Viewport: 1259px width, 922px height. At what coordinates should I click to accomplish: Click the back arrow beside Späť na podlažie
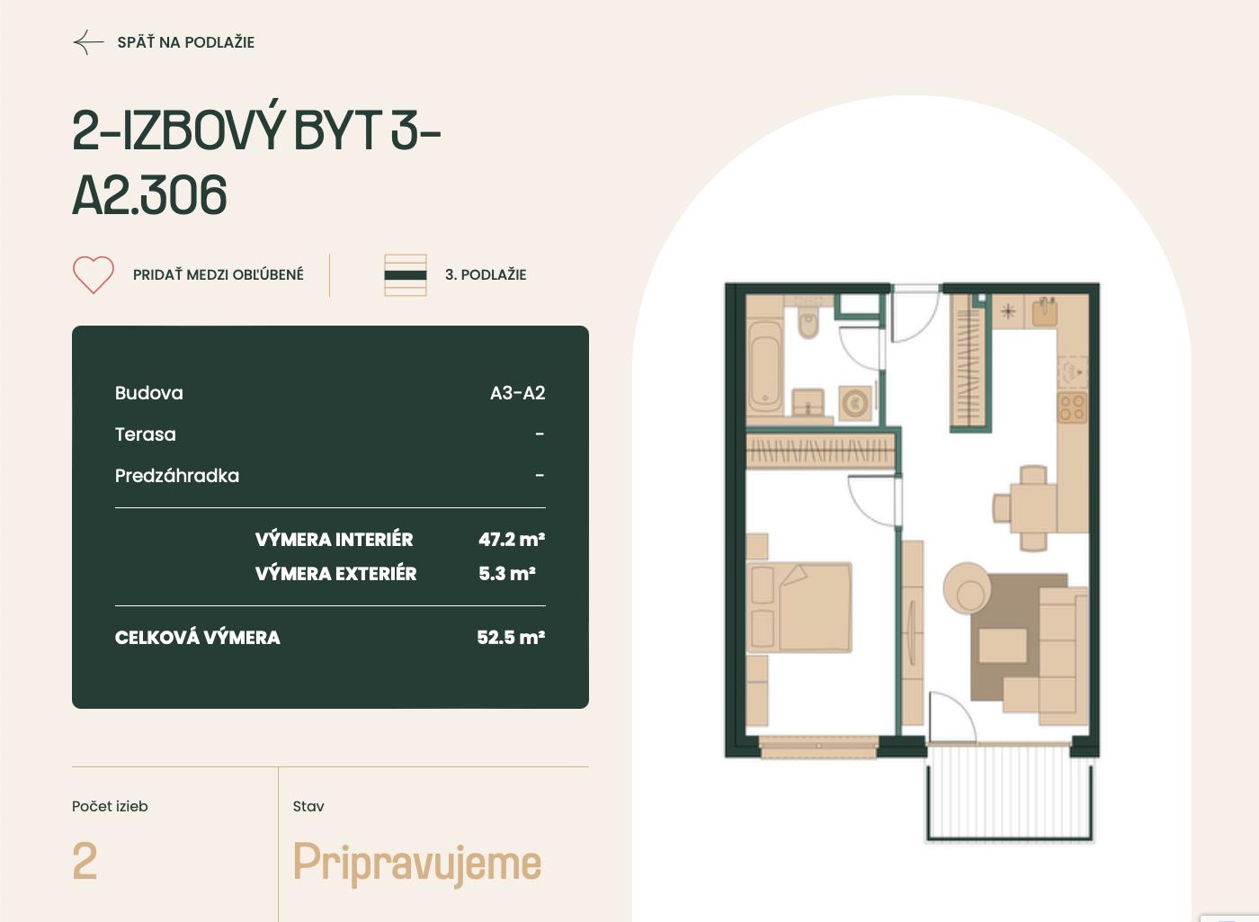tap(88, 42)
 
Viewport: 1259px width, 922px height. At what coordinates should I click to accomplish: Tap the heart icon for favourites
tap(94, 274)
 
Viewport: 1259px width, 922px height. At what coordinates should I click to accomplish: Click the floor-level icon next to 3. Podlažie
tap(406, 275)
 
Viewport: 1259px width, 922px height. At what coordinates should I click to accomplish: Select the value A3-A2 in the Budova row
tap(517, 393)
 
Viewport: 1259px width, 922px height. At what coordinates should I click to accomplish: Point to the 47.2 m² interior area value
tap(512, 539)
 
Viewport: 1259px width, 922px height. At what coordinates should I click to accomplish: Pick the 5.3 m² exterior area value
tap(507, 574)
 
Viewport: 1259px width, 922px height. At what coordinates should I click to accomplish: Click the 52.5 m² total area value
tap(511, 637)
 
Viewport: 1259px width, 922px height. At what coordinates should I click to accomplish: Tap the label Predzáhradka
tap(177, 476)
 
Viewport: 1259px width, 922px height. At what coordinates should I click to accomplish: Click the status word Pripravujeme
tap(417, 864)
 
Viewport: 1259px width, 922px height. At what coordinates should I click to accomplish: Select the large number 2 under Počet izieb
tap(85, 861)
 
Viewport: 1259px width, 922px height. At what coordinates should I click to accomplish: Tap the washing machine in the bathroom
tap(855, 402)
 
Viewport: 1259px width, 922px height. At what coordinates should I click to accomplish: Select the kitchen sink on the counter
tap(1045, 312)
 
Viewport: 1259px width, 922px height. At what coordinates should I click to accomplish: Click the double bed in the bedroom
tap(799, 607)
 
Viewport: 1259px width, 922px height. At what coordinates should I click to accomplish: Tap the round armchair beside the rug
tap(967, 587)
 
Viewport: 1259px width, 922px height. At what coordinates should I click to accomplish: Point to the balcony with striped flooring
tap(1009, 792)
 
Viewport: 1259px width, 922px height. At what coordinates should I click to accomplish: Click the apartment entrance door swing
tap(915, 315)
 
